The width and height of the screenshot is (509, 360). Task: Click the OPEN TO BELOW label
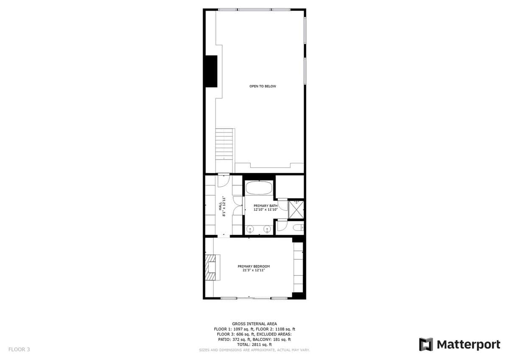coord(263,86)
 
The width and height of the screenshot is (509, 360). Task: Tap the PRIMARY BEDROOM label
coord(254,266)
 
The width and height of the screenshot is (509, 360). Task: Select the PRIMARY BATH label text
coord(266,206)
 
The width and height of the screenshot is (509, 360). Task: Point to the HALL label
coord(220,206)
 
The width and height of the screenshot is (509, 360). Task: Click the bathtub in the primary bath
coord(259,188)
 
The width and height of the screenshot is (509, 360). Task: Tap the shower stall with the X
coord(296,209)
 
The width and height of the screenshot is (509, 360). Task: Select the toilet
coord(298,228)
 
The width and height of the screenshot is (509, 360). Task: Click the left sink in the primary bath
coord(250,229)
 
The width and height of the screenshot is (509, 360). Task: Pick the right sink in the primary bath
coord(267,229)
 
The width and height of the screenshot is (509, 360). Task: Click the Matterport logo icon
coord(426,345)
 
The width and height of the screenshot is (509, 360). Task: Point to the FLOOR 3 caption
coord(19,349)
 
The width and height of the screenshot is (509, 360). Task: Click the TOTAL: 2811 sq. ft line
coord(254,345)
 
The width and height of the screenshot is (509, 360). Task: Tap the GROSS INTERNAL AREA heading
coord(254,323)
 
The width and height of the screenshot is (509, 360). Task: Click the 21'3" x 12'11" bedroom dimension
coord(254,270)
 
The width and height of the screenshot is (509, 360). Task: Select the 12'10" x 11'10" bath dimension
coord(266,210)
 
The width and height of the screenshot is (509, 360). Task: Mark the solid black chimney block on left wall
coord(211,71)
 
